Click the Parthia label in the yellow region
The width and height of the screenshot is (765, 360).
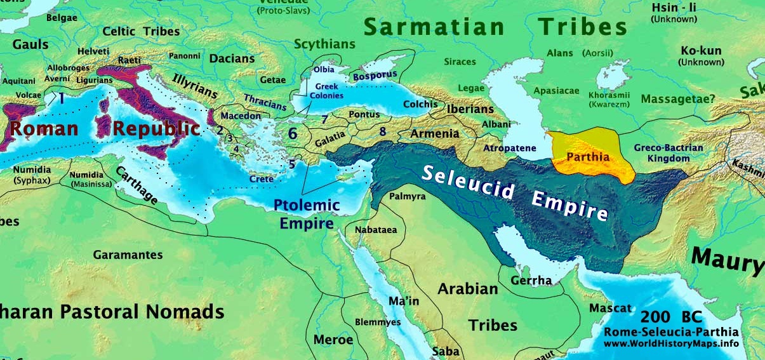coord(588,157)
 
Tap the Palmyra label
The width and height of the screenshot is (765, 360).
coord(408,196)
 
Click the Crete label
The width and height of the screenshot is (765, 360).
coord(261,179)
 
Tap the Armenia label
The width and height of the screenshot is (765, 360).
coord(435,134)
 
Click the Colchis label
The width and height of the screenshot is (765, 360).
coord(420,104)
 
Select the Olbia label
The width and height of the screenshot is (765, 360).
coord(324,69)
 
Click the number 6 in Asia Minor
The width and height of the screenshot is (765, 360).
coord(293,133)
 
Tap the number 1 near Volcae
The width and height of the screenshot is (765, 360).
coord(62,98)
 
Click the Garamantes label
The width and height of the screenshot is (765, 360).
coord(128,255)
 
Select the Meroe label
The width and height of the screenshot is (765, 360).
coord(333,340)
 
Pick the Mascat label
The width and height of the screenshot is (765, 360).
coord(611,309)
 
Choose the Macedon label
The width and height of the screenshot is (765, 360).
coord(241,116)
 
